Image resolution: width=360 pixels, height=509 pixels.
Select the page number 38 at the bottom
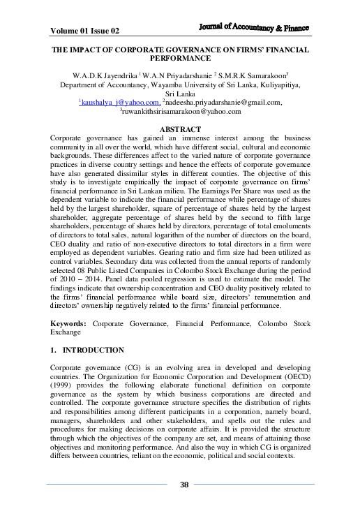tap(184, 485)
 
